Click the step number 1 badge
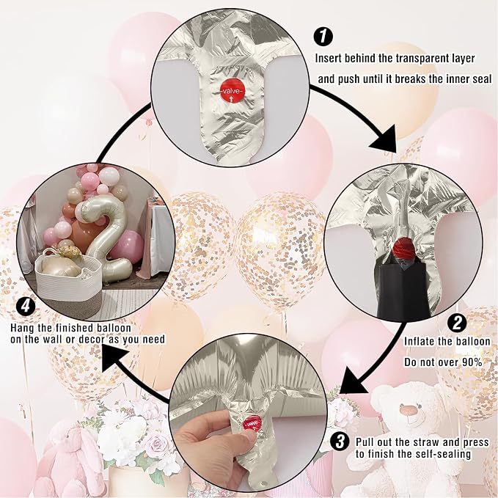coord(323,36)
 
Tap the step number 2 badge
coord(457,323)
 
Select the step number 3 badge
coord(340,441)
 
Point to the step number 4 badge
coord(26,307)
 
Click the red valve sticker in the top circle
coord(232,92)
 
